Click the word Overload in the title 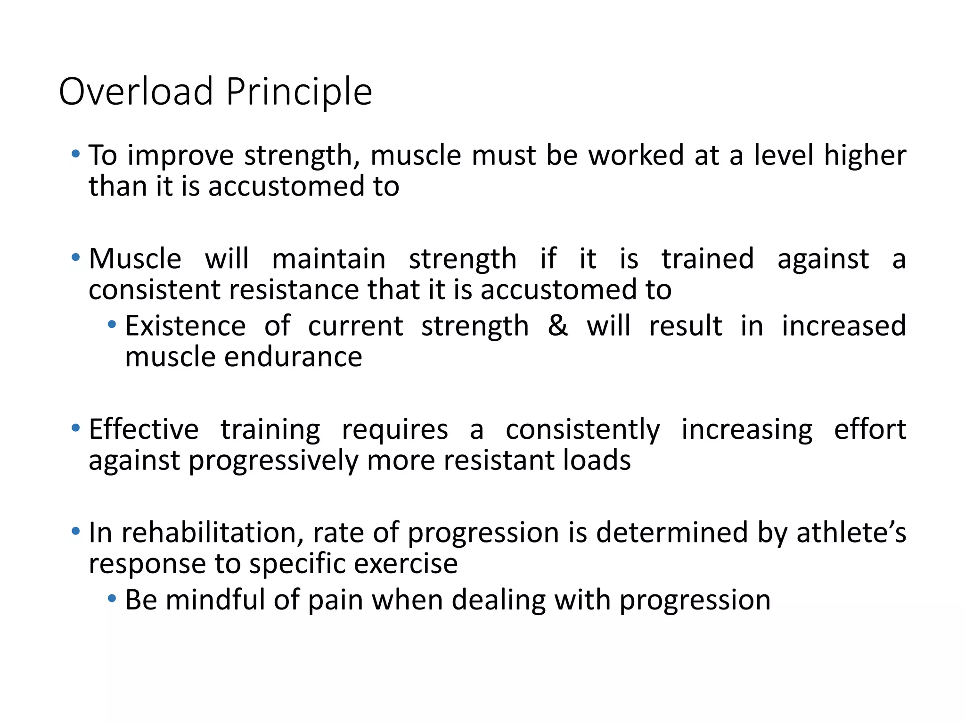tap(136, 91)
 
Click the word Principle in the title tap(299, 91)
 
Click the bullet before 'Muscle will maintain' tap(75, 257)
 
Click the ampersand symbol tap(557, 326)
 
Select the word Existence tap(185, 326)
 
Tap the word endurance tap(293, 357)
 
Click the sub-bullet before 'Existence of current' tap(112, 324)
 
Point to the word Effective tap(144, 429)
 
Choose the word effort tap(869, 429)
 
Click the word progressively tap(273, 461)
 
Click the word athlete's tap(851, 533)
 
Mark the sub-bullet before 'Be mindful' tap(112, 599)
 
